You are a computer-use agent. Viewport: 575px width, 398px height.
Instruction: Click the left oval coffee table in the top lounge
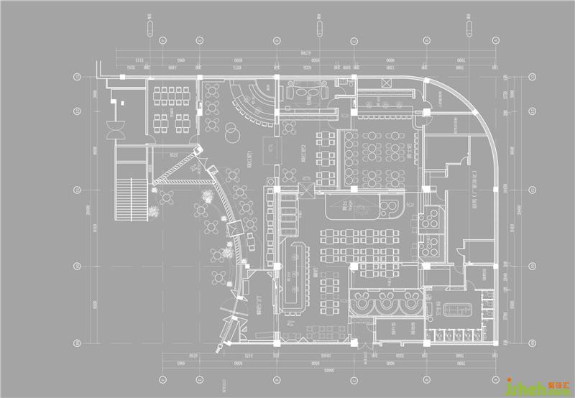pyautogui.click(x=293, y=92)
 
